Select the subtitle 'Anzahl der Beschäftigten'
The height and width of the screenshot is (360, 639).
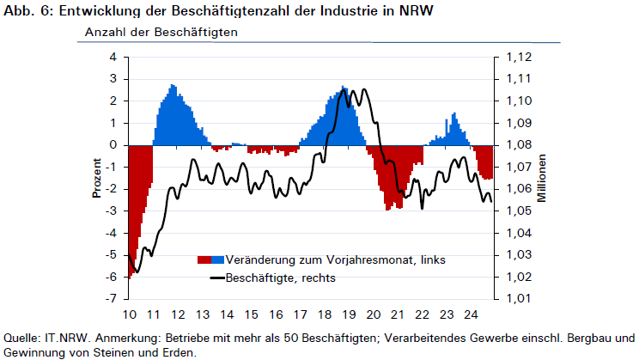161,32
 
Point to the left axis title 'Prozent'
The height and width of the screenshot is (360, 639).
96,178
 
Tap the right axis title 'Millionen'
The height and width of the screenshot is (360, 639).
541,178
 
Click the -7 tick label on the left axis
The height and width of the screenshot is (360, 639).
111,299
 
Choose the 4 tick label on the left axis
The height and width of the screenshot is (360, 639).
113,57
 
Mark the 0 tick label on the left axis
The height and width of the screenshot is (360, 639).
113,144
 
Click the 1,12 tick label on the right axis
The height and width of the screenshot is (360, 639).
519,57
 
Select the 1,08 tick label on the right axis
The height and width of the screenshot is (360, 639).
519,145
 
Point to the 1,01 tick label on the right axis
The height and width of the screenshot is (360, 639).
519,299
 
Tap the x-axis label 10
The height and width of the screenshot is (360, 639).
130,314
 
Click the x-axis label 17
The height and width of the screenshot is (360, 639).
301,314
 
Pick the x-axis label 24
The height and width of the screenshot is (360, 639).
472,314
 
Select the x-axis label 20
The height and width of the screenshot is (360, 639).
374,314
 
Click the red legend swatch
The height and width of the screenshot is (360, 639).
204,259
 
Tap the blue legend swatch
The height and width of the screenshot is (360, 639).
217,259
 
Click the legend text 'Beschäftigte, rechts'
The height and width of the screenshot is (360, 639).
281,278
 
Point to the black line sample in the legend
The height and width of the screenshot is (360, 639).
217,278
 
